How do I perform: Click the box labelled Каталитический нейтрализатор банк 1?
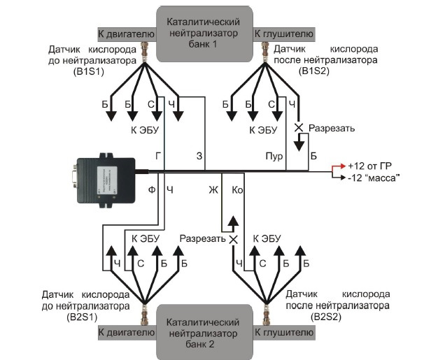pyautogui.click(x=205, y=31)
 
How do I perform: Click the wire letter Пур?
pyautogui.click(x=274, y=157)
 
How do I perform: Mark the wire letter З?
pyautogui.click(x=199, y=157)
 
